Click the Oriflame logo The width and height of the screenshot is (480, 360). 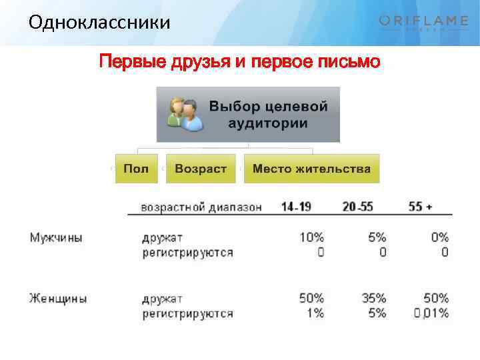[x=423, y=23]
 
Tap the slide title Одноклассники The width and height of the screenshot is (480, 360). [x=99, y=23]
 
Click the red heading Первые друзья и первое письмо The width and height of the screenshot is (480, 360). [x=239, y=62]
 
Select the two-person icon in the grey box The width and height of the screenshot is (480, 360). [x=185, y=115]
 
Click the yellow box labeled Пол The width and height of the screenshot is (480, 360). [x=136, y=169]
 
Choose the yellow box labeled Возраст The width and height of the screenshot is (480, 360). [x=201, y=169]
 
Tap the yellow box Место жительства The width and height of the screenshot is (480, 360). [x=311, y=169]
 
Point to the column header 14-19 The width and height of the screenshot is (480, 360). [x=296, y=207]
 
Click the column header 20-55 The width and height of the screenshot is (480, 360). [x=357, y=207]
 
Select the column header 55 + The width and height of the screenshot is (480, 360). [x=421, y=207]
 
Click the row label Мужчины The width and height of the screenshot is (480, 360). [x=56, y=237]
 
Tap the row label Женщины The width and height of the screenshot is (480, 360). [x=57, y=298]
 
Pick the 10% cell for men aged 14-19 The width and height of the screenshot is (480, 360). [x=311, y=237]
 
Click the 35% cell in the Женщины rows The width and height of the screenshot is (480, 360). [x=374, y=298]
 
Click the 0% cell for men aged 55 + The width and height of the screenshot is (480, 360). [x=439, y=237]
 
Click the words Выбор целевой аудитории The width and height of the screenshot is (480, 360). [x=269, y=115]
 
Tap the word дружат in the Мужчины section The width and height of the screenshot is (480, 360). [x=162, y=237]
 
